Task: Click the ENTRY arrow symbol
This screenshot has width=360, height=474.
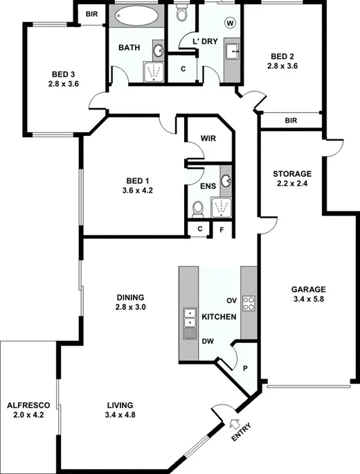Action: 233,424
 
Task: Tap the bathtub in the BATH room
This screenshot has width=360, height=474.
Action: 136,16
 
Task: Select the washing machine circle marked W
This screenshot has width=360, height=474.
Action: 230,22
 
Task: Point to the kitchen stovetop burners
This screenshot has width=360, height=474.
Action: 250,302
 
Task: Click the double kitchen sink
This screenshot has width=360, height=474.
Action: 188,319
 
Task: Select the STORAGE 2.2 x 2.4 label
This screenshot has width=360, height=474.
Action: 292,179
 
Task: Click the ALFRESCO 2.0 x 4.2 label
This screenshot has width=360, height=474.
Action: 27,410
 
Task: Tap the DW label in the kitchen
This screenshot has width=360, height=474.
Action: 208,341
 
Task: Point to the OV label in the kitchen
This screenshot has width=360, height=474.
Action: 233,300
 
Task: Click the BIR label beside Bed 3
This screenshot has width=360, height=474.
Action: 91,13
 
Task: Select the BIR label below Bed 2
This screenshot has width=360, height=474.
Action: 291,120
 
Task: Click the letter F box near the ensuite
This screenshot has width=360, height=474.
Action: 222,229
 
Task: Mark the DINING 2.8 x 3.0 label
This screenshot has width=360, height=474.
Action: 131,302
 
